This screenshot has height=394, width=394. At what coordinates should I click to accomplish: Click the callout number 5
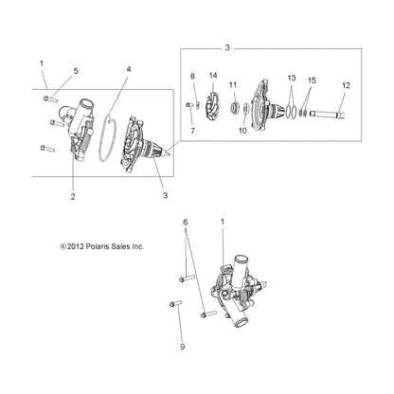pyautogui.click(x=77, y=71)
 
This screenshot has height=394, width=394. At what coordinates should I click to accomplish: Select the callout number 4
pyautogui.click(x=130, y=69)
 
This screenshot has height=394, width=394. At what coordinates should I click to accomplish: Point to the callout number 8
pyautogui.click(x=192, y=76)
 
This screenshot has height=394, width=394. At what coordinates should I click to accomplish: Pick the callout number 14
pyautogui.click(x=213, y=76)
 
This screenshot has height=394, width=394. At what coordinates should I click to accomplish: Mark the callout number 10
pyautogui.click(x=242, y=131)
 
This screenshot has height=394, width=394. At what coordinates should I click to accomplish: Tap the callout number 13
pyautogui.click(x=292, y=79)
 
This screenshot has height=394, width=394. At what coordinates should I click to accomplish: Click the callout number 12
pyautogui.click(x=346, y=86)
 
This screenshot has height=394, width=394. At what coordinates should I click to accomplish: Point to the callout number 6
pyautogui.click(x=187, y=246)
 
